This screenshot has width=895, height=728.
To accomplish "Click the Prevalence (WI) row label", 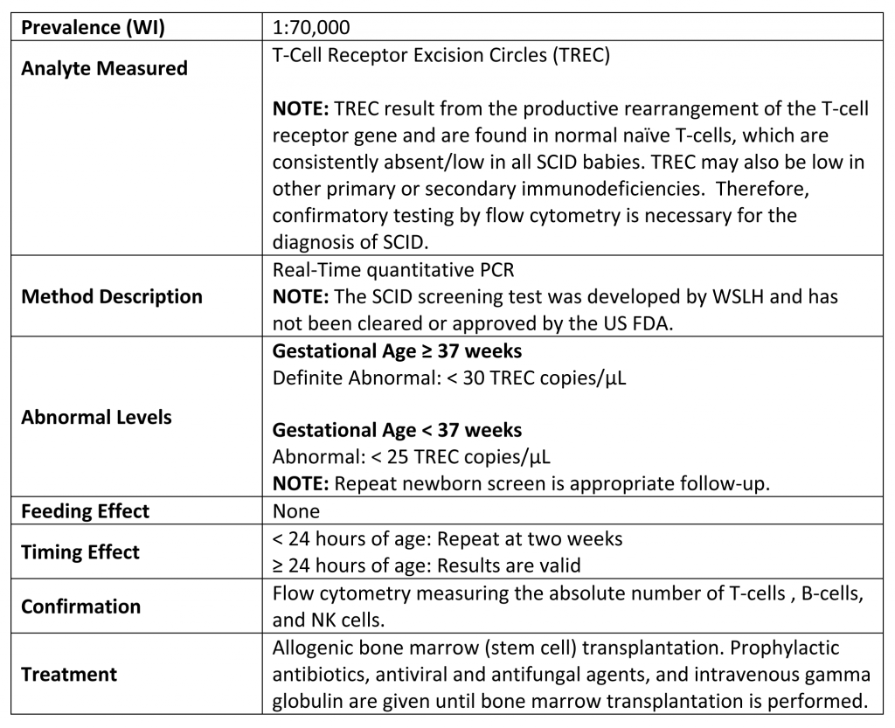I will tap(93, 27).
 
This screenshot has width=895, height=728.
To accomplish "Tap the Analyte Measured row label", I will tap(104, 68).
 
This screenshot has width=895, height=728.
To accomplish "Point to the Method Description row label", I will tap(111, 296).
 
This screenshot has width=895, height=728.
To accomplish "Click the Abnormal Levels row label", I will tap(96, 417).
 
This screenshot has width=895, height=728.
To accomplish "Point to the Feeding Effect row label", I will tap(85, 510).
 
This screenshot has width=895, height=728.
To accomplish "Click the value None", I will tap(296, 510).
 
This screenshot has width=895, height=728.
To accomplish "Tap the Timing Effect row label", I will tap(80, 551).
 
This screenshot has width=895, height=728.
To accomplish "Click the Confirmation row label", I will tap(80, 606).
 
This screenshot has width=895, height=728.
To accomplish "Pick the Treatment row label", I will tap(69, 674).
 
